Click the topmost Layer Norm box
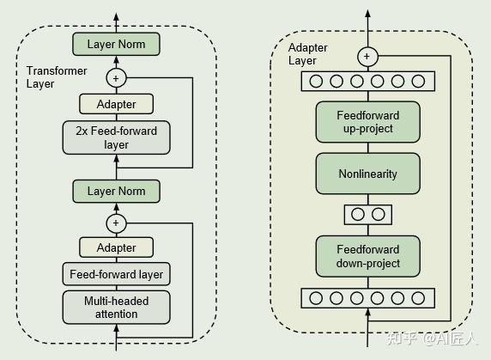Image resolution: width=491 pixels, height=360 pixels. tap(116, 44)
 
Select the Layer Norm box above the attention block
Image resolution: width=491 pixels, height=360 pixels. tap(116, 191)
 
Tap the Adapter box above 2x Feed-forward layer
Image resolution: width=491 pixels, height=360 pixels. tap(116, 104)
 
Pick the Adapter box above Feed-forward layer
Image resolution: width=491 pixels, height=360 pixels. tap(116, 247)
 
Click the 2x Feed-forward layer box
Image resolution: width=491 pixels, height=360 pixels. tap(116, 137)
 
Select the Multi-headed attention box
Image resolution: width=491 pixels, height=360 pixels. tap(116, 308)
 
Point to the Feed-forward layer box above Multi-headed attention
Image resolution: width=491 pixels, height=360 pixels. tap(116, 274)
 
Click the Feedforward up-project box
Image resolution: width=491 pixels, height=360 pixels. tap(368, 122)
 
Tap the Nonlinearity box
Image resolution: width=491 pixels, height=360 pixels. tap(368, 174)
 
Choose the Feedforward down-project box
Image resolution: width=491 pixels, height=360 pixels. tap(368, 256)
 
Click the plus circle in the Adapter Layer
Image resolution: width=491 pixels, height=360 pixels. tap(367, 57)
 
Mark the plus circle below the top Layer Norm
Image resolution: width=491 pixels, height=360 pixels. tap(116, 78)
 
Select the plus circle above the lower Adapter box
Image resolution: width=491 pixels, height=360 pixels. tap(116, 223)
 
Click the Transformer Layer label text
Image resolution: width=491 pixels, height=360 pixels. tap(57, 77)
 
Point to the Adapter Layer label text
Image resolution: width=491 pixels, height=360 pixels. tap(307, 54)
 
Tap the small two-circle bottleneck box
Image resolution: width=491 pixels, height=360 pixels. tap(368, 215)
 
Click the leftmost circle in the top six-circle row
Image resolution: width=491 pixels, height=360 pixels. tap(316, 81)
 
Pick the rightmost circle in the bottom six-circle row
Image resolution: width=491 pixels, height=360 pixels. tap(418, 298)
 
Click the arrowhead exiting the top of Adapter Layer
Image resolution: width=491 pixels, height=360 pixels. tap(367, 13)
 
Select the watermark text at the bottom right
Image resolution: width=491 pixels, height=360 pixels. tap(431, 338)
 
